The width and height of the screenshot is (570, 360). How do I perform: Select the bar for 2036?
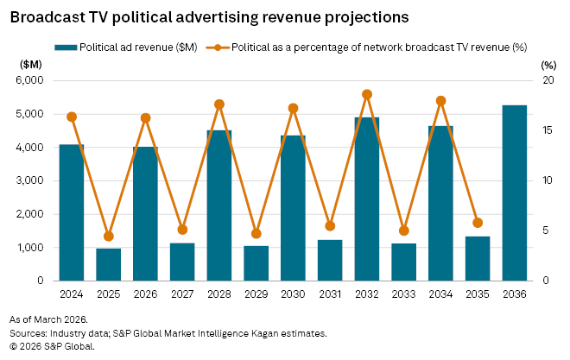(x=515, y=193)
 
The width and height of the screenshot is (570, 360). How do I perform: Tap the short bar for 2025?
(x=109, y=264)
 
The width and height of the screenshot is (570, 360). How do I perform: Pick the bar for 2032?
(x=367, y=199)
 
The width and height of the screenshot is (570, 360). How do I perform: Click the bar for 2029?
(x=256, y=263)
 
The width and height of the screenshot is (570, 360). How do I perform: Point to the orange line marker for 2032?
(x=367, y=94)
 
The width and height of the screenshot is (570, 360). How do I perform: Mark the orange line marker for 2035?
(x=478, y=223)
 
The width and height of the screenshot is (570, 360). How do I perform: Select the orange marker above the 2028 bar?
(x=219, y=104)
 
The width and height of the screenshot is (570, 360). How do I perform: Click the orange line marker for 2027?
(x=182, y=230)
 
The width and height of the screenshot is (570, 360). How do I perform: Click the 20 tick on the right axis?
(x=546, y=80)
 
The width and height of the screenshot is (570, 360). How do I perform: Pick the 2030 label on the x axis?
(x=293, y=294)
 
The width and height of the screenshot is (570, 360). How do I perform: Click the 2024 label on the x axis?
(x=72, y=294)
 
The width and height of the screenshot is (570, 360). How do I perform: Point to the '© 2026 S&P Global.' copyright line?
(x=53, y=345)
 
